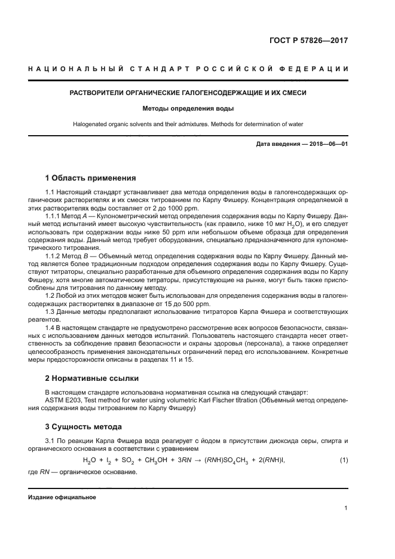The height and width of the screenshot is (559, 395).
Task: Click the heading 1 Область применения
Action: pyautogui.click(x=91, y=178)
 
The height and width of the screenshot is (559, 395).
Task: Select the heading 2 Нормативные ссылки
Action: pyautogui.click(x=92, y=378)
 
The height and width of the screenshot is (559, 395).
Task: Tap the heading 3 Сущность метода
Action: pyautogui.click(x=84, y=426)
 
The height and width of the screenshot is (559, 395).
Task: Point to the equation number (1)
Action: pyautogui.click(x=343, y=459)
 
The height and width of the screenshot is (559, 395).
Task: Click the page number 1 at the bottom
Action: pyautogui.click(x=346, y=509)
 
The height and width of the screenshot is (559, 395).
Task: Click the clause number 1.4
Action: pyautogui.click(x=50, y=328)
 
